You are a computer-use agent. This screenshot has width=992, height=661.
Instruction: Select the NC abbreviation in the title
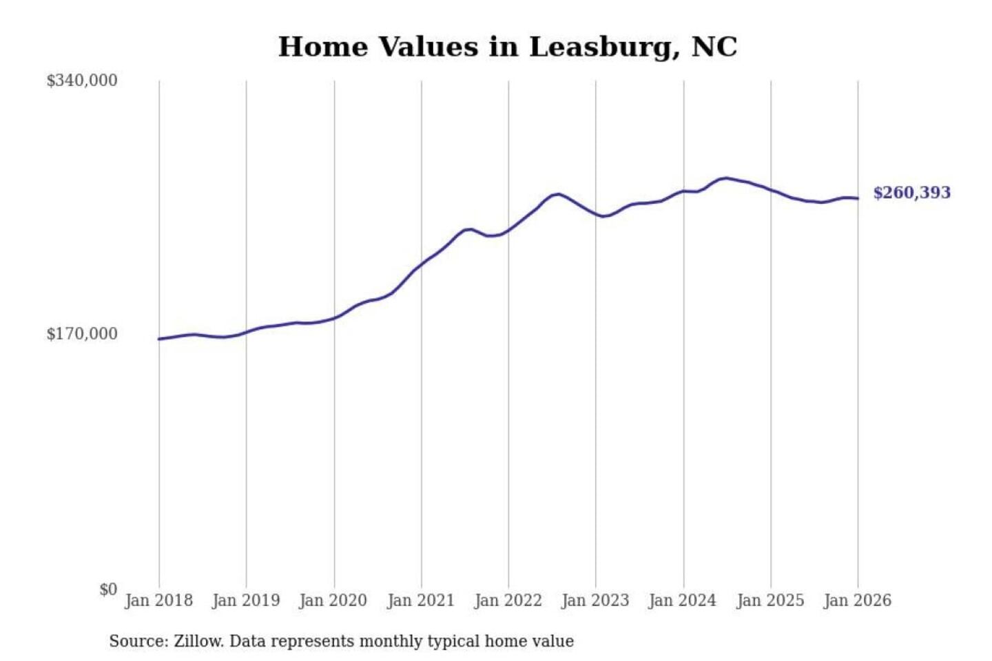[714, 47]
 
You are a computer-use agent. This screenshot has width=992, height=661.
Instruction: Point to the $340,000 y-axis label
[82, 81]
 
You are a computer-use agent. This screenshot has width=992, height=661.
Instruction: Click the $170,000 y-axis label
[82, 334]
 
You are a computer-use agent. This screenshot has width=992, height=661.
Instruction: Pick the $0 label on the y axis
[108, 589]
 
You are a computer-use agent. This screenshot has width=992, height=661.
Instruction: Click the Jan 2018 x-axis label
[158, 600]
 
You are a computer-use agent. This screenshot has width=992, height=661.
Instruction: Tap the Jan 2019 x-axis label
[246, 600]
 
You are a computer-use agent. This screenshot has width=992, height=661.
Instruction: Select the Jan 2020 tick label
[333, 600]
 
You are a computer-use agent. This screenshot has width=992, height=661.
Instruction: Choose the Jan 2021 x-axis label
[421, 600]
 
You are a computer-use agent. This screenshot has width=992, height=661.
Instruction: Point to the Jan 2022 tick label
[508, 600]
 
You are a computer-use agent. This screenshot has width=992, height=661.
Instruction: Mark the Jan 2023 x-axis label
[595, 600]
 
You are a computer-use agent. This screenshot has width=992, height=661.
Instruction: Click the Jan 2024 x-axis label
[683, 600]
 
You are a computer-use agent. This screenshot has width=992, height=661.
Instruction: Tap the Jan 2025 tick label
[770, 600]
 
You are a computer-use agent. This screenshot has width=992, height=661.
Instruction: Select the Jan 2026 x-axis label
[858, 600]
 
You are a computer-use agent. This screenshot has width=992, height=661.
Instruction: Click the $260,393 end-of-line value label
[911, 193]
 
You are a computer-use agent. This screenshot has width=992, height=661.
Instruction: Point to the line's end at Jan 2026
[858, 199]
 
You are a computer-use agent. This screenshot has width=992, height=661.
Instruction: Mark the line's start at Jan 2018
[159, 339]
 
